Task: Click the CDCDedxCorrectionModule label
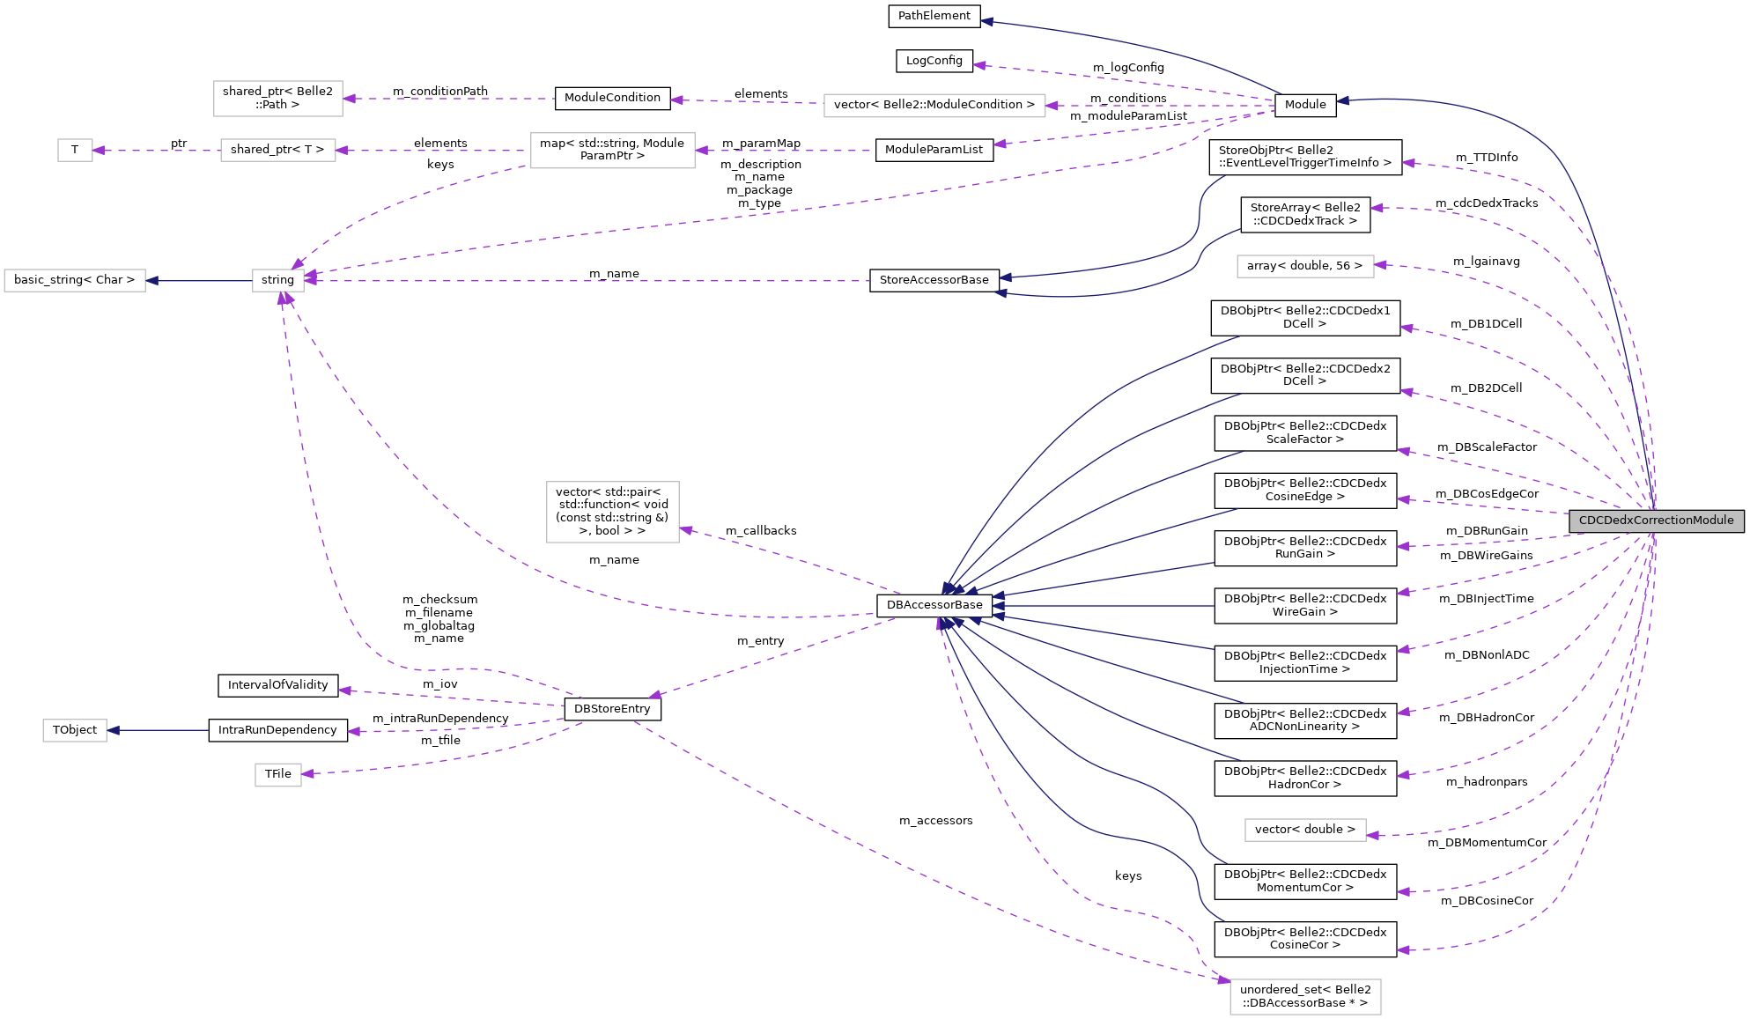coord(1656,521)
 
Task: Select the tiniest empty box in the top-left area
coord(75,151)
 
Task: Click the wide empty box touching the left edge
coord(75,280)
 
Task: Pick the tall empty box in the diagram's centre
coord(613,512)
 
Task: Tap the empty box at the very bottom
coord(1305,997)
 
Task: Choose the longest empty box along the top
coord(934,106)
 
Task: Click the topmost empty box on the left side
coord(278,99)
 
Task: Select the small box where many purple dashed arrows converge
coord(278,280)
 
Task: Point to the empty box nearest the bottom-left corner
coord(75,730)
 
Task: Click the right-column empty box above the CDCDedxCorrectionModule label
coord(1305,266)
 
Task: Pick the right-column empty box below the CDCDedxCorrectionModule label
coord(1305,830)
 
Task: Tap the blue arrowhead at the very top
coord(987,21)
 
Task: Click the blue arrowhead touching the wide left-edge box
coord(152,280)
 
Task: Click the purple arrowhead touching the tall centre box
coord(686,529)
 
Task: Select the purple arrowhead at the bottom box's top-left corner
coord(1223,979)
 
